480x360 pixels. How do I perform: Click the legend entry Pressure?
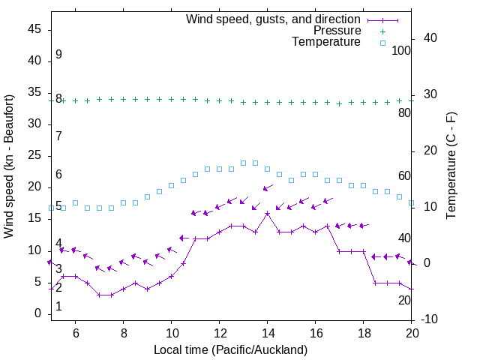(337, 31)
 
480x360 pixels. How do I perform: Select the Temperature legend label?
(326, 42)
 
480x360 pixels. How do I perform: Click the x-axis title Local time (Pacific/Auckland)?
(230, 349)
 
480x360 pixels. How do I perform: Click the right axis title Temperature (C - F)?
(451, 166)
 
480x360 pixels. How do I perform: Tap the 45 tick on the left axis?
(34, 29)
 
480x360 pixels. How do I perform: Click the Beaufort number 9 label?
(58, 55)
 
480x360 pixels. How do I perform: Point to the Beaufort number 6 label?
(58, 175)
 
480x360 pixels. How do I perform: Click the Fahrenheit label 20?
(404, 300)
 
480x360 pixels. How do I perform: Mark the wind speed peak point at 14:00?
(267, 213)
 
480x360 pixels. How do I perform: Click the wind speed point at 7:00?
(99, 295)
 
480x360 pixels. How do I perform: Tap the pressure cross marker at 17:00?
(339, 103)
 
